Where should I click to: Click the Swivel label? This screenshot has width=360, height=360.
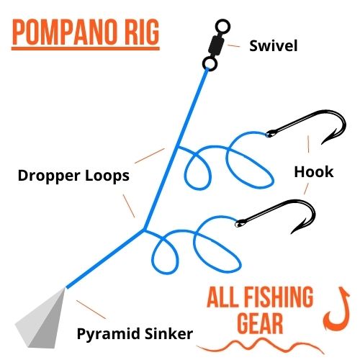pos(274,45)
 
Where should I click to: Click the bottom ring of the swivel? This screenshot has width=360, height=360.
pos(204,64)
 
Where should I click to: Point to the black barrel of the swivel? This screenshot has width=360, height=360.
pos(216,45)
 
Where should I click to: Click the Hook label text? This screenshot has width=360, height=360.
pos(314,172)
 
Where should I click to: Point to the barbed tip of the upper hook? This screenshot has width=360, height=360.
pos(323,143)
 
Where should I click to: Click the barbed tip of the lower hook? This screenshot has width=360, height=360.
pos(292,233)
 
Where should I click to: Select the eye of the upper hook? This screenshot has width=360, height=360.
pos(270,134)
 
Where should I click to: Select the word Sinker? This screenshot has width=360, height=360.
pos(168,333)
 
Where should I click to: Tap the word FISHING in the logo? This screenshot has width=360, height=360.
pos(279,297)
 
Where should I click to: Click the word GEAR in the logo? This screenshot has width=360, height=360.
pos(260,323)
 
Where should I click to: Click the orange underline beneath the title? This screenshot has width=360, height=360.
pos(86,49)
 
